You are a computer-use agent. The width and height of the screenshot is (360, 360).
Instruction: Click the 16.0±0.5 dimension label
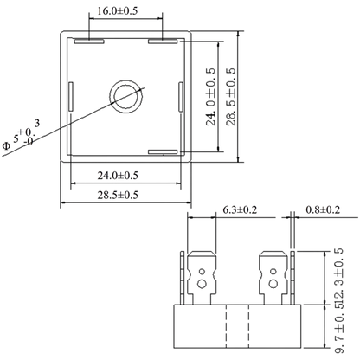click(118, 11)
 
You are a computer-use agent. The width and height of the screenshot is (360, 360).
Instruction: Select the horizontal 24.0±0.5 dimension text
click(118, 176)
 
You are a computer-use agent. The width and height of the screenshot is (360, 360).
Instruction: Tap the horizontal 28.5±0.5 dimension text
click(118, 195)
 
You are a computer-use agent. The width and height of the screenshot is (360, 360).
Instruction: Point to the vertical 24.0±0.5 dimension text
click(211, 97)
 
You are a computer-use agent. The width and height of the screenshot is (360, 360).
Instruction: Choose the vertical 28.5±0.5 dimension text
click(231, 97)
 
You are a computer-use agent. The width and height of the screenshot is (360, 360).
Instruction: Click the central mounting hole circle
click(126, 97)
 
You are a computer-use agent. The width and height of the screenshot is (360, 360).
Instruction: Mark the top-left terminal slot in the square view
click(89, 42)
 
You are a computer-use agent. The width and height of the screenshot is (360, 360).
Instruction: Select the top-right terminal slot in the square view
click(163, 42)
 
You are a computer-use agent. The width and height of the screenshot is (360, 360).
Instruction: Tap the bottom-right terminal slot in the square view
click(163, 152)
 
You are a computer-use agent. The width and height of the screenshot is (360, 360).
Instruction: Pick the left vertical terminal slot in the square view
click(71, 97)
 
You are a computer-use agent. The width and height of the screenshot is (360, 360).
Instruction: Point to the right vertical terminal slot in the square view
click(181, 97)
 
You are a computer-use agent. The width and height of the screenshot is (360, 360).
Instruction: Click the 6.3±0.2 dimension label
click(240, 209)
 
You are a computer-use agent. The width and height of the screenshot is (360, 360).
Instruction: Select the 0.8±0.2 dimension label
click(323, 209)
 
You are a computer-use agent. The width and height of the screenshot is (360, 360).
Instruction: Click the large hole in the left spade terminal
click(202, 284)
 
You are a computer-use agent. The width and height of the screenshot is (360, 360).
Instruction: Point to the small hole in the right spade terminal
click(273, 272)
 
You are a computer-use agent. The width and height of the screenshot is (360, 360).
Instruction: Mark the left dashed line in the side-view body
click(226, 326)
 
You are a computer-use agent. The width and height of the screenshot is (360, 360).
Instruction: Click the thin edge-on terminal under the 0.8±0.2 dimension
click(292, 278)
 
